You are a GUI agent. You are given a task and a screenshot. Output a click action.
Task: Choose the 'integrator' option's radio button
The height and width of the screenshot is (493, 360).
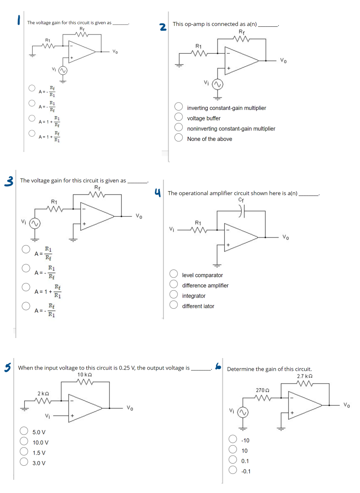(x=174, y=296)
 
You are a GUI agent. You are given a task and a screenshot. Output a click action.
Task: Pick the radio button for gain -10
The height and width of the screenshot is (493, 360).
(x=233, y=440)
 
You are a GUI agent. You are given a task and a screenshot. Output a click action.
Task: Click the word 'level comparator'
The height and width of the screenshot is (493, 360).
(x=203, y=275)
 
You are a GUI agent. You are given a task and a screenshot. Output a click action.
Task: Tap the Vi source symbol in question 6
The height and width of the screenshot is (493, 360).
(x=243, y=412)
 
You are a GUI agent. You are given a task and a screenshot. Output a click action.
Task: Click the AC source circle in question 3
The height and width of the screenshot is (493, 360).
(x=34, y=223)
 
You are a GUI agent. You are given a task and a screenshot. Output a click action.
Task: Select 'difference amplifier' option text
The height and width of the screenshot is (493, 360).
(x=205, y=286)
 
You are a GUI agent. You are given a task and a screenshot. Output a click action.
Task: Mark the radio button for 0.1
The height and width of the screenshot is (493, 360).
(x=233, y=460)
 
